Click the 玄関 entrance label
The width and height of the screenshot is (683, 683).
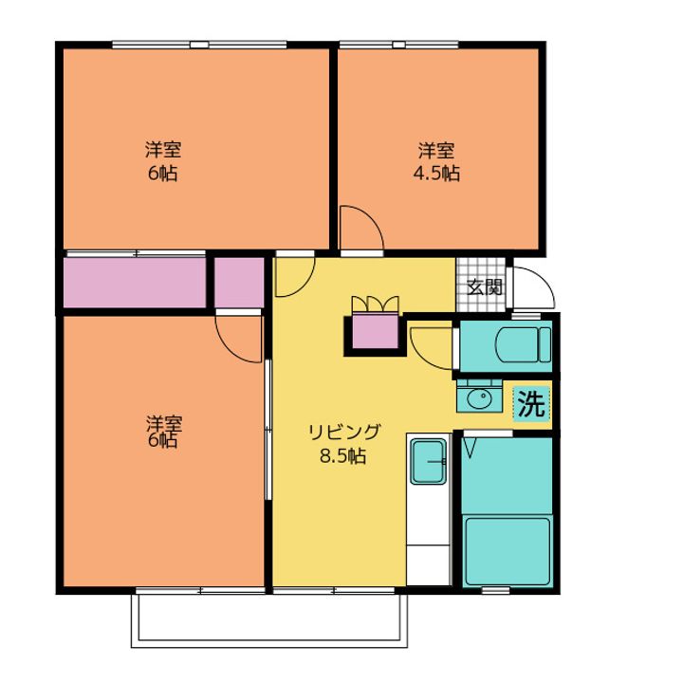click(485, 287)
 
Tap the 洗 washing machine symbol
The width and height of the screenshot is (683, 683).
click(532, 404)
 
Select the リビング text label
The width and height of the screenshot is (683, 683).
click(344, 433)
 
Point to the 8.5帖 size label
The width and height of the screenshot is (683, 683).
click(342, 456)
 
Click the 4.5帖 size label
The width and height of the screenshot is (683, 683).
click(436, 174)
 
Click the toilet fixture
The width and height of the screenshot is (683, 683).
click(523, 345)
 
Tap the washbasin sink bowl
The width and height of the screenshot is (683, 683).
click(479, 397)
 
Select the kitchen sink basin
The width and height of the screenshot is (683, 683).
click(429, 461)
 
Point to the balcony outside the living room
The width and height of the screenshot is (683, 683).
click(269, 618)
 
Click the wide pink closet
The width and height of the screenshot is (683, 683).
click(135, 283)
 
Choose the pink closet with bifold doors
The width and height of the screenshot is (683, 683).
click(375, 331)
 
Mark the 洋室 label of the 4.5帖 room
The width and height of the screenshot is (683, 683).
click(436, 151)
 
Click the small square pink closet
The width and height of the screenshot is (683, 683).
click(240, 283)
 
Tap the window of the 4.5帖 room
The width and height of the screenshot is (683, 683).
click(399, 45)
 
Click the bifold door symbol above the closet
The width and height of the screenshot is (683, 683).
click(375, 304)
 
